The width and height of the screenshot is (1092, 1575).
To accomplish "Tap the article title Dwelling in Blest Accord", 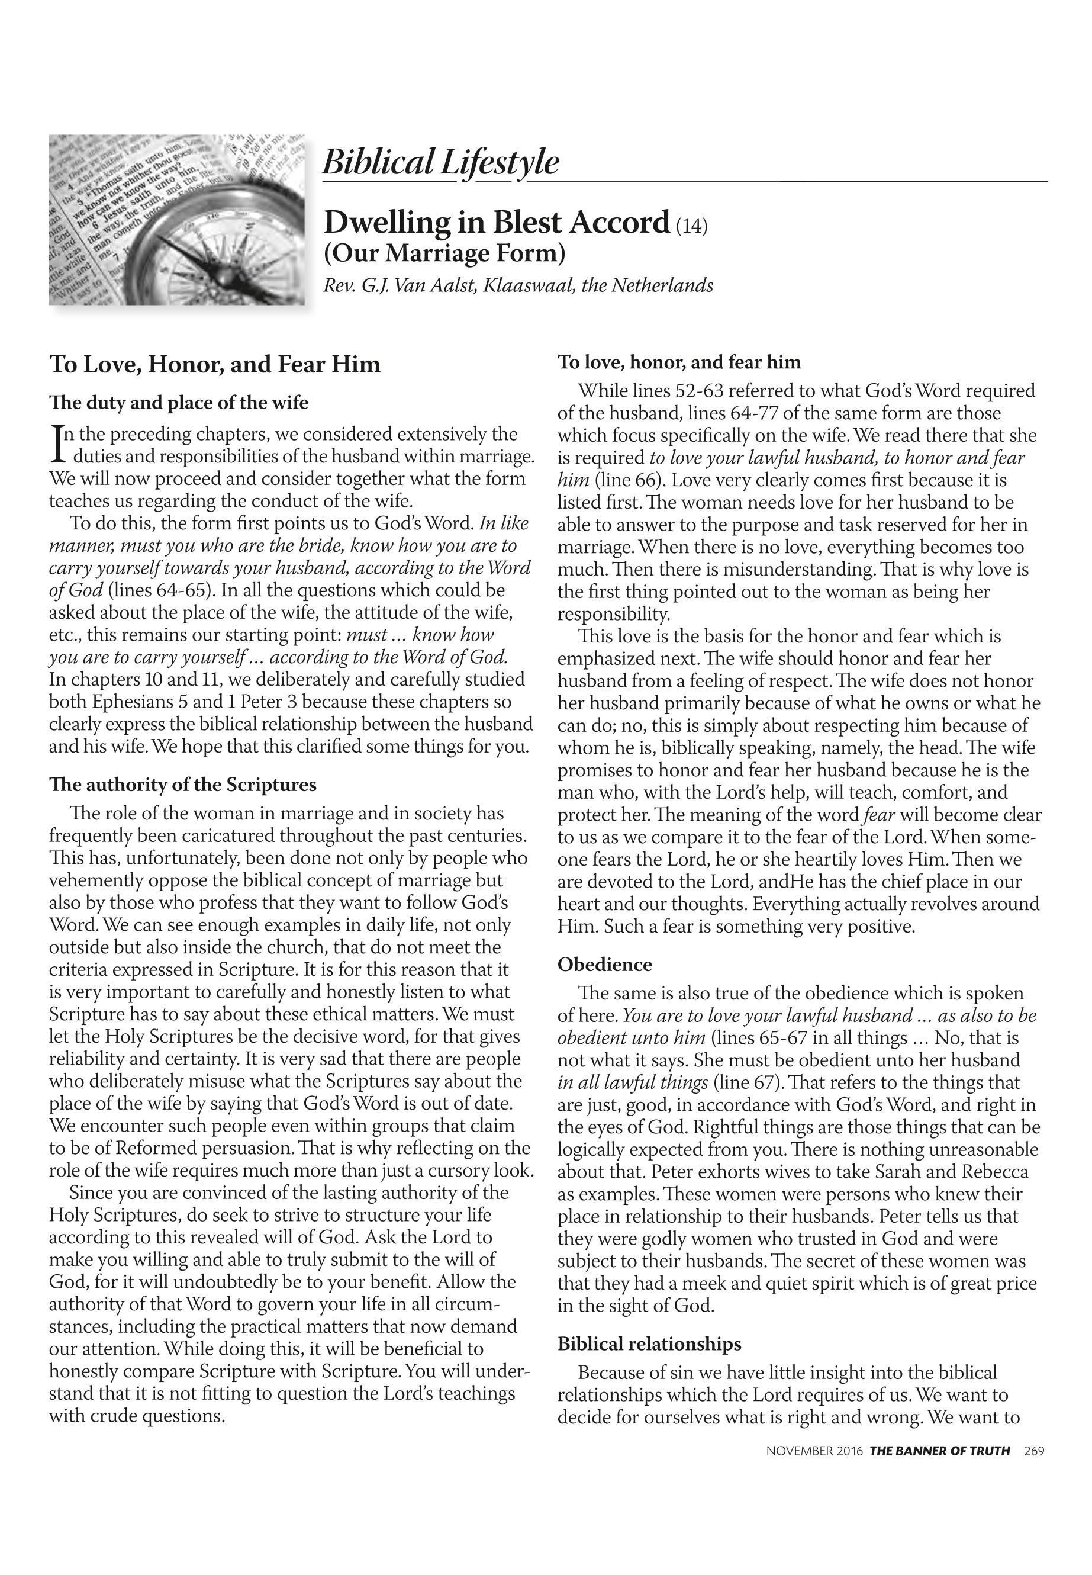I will click(496, 223).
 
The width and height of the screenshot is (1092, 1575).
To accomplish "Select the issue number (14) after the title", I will click(692, 226).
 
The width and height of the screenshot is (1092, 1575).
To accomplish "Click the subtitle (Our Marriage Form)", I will click(444, 253).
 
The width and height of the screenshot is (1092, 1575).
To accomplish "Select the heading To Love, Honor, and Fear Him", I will click(215, 364).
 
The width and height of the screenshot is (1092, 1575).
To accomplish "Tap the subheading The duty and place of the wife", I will click(179, 403).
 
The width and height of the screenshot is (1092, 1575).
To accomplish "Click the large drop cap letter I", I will click(57, 443).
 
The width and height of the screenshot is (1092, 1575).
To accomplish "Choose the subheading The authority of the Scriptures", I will click(183, 785).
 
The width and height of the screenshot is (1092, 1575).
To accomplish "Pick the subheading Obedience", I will click(605, 965).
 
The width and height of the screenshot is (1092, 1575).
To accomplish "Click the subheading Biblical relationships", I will click(649, 1343).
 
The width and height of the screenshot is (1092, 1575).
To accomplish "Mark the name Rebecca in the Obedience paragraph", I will click(994, 1172).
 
